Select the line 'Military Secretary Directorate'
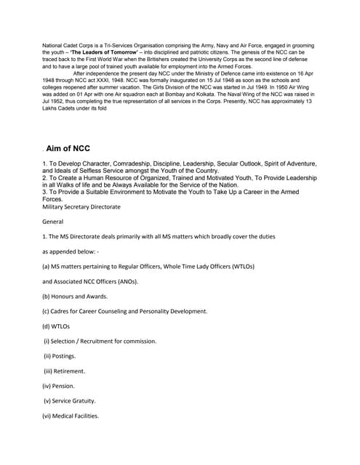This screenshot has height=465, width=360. tap(81, 206)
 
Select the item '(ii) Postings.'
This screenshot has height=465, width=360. tap(60, 356)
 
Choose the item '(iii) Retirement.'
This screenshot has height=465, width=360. tap(65, 371)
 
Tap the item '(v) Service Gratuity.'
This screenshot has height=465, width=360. tap(71, 401)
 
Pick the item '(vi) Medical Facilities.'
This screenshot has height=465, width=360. tap(71, 416)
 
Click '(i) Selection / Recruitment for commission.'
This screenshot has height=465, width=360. tap(100, 341)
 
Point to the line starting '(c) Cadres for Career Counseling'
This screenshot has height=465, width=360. tap(125, 311)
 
